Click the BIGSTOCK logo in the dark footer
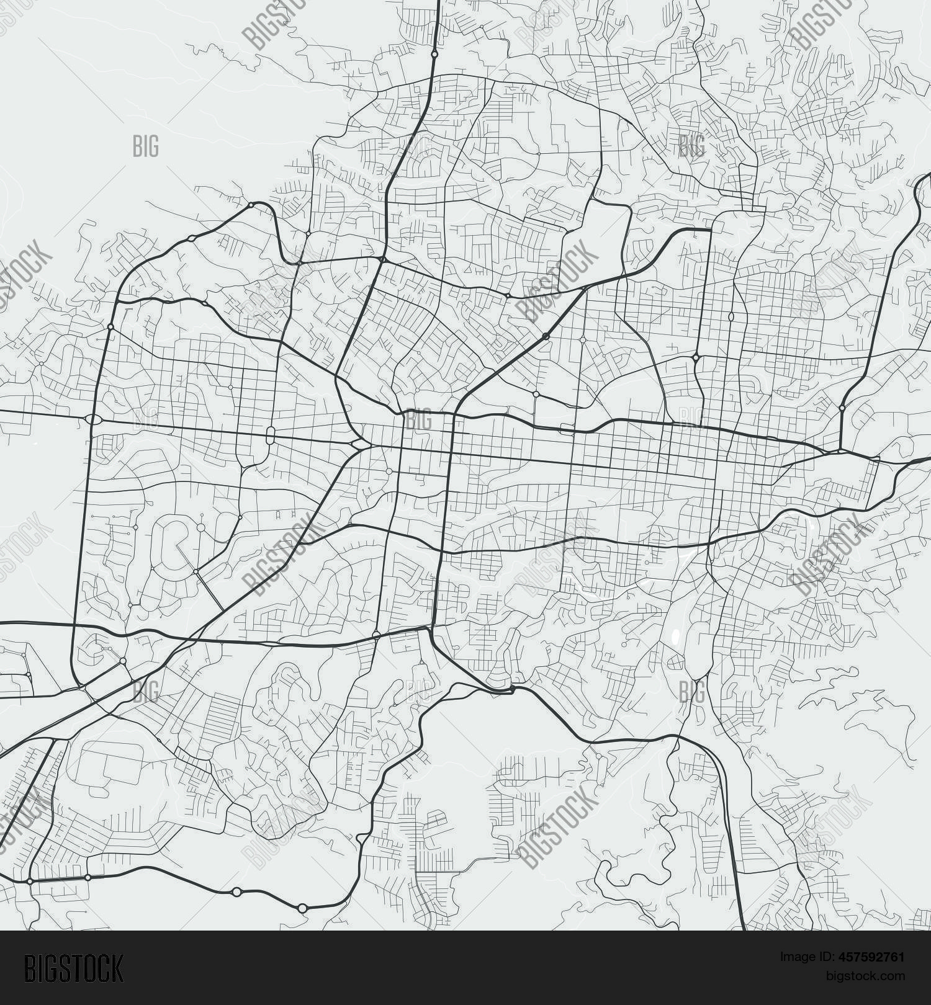(74, 968)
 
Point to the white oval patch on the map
(676, 636)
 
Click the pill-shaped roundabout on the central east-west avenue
(270, 435)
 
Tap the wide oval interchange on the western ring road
(93, 420)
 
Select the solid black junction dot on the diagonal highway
(546, 336)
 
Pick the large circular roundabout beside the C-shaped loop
(200, 527)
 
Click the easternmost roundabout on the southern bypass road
(302, 908)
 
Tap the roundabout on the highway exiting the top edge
(434, 54)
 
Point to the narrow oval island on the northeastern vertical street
(731, 316)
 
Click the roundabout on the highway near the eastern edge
(842, 408)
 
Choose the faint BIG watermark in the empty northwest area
(146, 146)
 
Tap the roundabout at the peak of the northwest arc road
(250, 205)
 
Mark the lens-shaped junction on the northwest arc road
(192, 238)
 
